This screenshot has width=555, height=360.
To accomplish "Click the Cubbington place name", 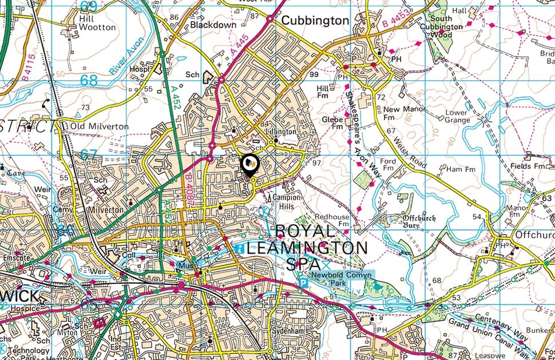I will pyautogui.click(x=315, y=21).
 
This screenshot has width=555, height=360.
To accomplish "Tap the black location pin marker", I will pyautogui.click(x=250, y=165).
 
